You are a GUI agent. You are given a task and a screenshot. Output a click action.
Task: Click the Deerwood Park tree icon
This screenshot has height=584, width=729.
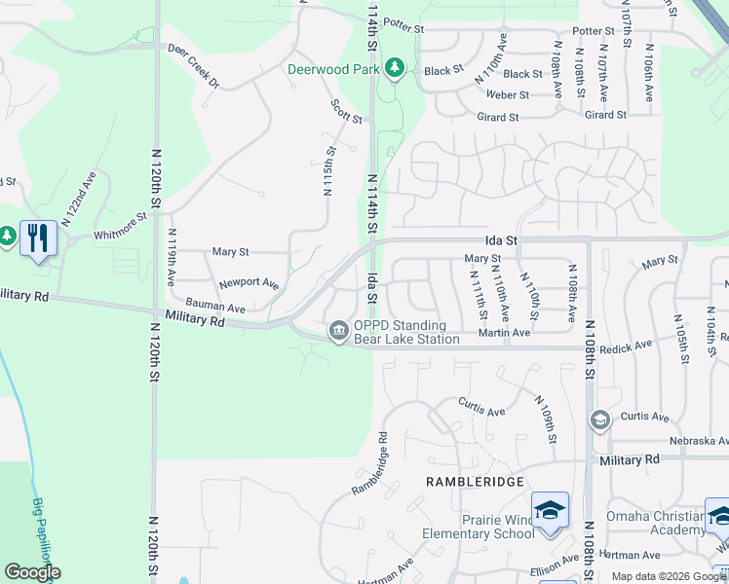pos(394,68)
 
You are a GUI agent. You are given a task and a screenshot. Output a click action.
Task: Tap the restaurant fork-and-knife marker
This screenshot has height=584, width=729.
pos(38,237)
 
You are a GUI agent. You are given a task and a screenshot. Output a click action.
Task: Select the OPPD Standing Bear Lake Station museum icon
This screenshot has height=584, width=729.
pos(338,331)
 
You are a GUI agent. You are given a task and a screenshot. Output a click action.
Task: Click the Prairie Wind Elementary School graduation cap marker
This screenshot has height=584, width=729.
pos(550,510)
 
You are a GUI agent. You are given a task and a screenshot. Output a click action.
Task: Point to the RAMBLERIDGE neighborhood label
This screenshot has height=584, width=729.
pos(475,482)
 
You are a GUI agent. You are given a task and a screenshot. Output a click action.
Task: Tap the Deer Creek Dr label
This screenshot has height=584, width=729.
pos(194,65)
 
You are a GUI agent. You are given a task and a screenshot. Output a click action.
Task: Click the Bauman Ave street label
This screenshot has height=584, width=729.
pos(216,307)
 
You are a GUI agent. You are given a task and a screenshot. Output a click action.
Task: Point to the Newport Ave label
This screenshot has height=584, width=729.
pos(249,283)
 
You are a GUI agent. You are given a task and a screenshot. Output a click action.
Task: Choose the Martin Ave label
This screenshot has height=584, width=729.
pos(504,333)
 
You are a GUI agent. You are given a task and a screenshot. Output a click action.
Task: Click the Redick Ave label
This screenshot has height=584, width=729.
pos(627,346)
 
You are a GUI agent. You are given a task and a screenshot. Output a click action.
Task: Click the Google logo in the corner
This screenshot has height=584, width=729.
pos(31,572)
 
